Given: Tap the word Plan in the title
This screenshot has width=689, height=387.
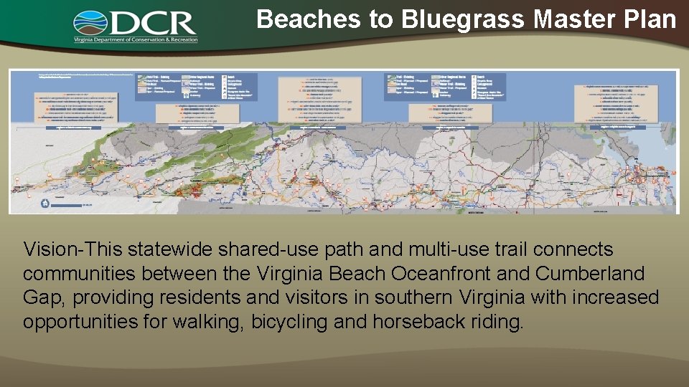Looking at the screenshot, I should click(649, 19).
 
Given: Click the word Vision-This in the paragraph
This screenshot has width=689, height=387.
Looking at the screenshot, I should click(73, 249).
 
